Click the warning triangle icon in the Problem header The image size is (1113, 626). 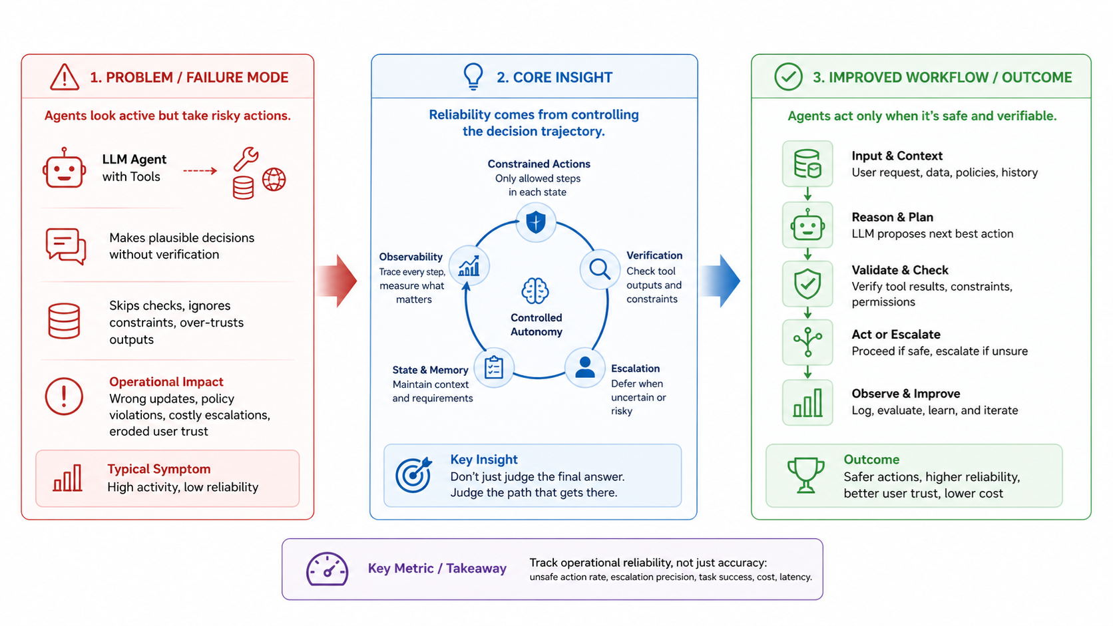click(64, 77)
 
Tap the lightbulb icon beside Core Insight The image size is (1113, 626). click(473, 77)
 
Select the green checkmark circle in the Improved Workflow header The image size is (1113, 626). click(788, 77)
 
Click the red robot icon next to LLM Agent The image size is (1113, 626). click(64, 168)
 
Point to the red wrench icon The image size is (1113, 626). click(246, 158)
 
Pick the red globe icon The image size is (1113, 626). click(274, 180)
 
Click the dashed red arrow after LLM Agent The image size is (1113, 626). click(200, 171)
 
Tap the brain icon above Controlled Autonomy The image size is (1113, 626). click(535, 291)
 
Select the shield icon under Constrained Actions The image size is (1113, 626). click(536, 222)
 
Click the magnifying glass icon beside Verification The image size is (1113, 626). click(600, 269)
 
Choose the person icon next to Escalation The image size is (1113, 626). click(585, 368)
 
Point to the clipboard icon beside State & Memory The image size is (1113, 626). click(494, 367)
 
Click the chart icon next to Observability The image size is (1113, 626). click(469, 266)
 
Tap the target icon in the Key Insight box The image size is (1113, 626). click(413, 474)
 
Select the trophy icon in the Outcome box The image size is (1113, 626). click(805, 475)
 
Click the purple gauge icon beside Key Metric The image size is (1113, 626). click(327, 569)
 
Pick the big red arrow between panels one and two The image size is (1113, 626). click(336, 281)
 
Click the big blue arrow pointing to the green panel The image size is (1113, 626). click(720, 281)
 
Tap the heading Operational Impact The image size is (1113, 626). click(166, 382)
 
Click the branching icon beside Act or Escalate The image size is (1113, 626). click(807, 342)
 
